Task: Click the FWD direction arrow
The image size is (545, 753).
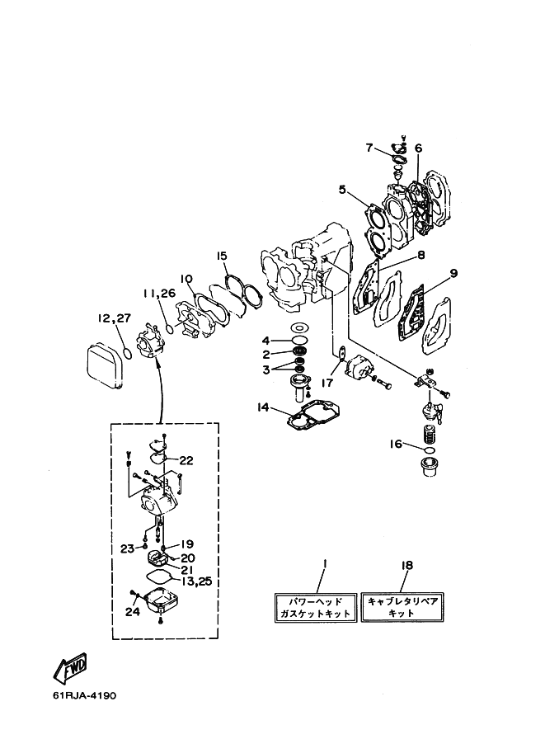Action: click(x=71, y=668)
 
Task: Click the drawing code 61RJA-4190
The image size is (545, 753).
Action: click(x=84, y=695)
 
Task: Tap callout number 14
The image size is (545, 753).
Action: click(x=262, y=407)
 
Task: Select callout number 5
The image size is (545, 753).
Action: click(x=342, y=190)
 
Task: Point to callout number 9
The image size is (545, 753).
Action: click(x=453, y=273)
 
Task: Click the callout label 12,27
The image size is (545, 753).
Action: click(x=115, y=318)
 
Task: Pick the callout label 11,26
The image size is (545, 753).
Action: click(x=159, y=293)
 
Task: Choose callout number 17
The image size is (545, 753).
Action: click(x=327, y=383)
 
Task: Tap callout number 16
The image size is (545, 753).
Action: click(x=395, y=445)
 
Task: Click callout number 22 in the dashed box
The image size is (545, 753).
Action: click(x=186, y=460)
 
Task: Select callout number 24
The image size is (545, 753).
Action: click(x=133, y=611)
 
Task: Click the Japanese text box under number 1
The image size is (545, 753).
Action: click(x=316, y=608)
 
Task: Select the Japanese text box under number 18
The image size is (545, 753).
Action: click(x=402, y=607)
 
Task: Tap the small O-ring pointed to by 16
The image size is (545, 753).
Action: click(x=430, y=449)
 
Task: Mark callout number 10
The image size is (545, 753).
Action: click(x=187, y=279)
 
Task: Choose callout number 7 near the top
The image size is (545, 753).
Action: click(x=369, y=148)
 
